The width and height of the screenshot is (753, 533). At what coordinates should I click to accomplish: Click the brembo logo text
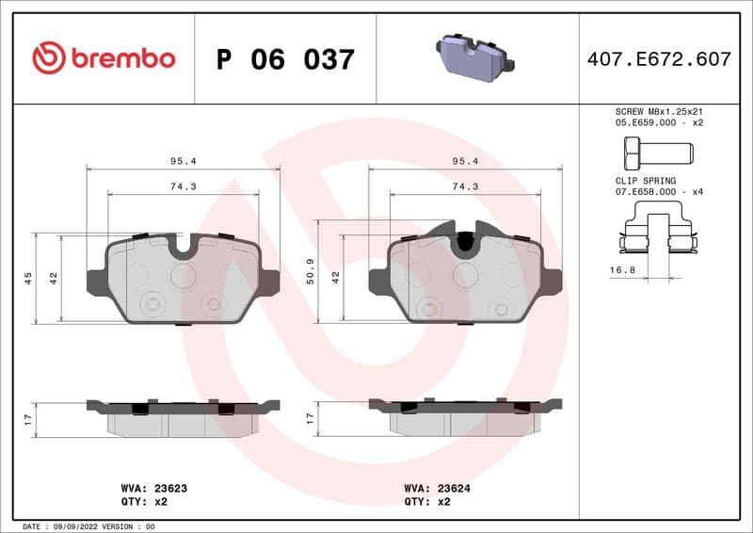(x=120, y=58)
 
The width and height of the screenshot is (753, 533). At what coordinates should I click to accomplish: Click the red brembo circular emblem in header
(x=49, y=58)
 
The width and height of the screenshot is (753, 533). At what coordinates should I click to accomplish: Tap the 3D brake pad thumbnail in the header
(x=474, y=58)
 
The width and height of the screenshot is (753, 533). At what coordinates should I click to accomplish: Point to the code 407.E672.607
(x=659, y=59)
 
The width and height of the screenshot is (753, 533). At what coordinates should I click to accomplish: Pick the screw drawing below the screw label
(x=656, y=151)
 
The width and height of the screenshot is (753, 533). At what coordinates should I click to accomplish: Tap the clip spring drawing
(x=657, y=238)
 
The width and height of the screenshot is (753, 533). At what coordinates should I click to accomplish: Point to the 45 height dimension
(x=28, y=278)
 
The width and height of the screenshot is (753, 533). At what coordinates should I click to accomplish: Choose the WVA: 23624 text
(x=438, y=489)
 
